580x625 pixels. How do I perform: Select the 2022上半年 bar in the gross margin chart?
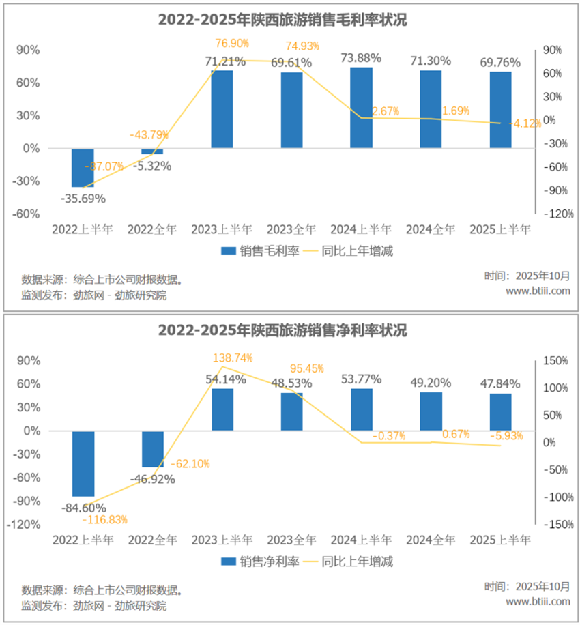(83, 167)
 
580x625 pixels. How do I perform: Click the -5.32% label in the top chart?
(151, 165)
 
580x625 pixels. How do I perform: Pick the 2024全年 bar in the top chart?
(431, 109)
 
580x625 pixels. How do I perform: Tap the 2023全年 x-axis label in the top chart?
(291, 229)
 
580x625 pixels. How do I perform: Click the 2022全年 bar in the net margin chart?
(152, 449)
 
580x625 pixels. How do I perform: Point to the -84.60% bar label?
(83, 508)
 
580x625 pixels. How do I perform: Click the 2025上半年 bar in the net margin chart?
(500, 412)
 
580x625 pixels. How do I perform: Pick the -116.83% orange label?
(104, 520)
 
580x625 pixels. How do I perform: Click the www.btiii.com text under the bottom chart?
(538, 601)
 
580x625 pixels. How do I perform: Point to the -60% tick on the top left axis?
(27, 214)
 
